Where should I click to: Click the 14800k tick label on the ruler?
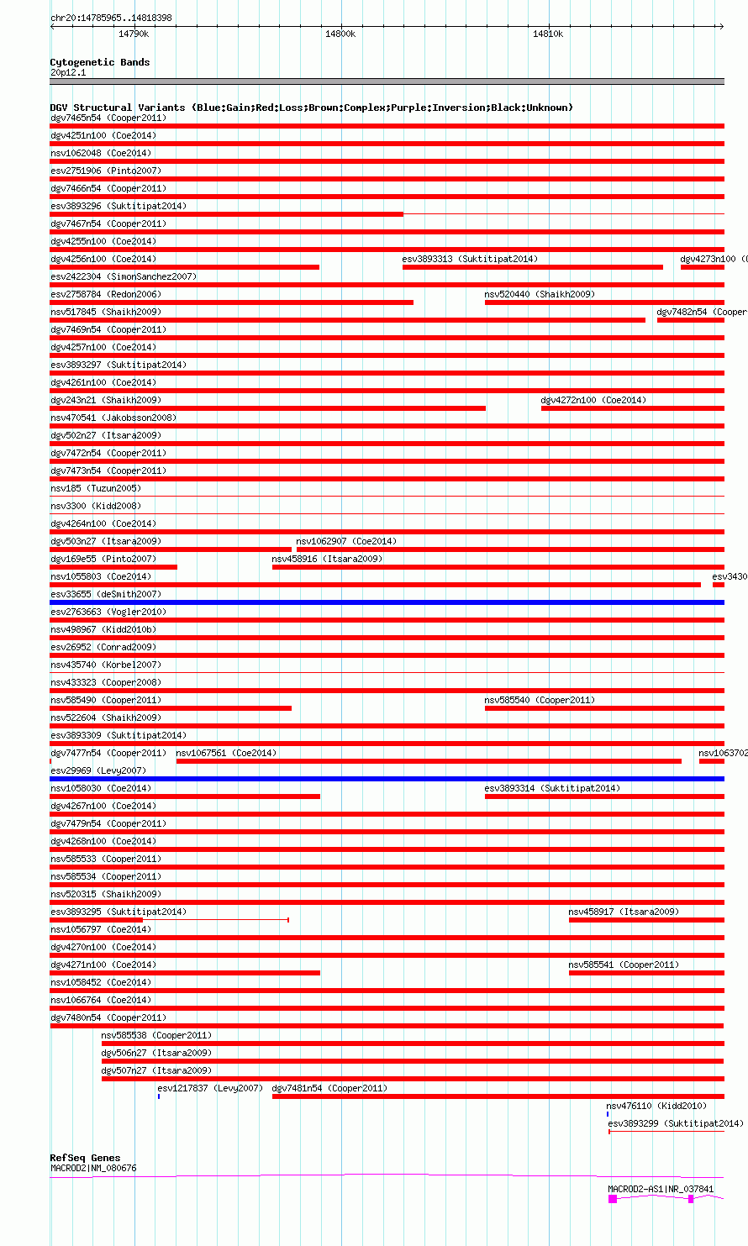340,34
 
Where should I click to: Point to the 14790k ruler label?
134,34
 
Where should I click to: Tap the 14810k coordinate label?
548,34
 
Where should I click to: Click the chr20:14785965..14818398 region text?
111,18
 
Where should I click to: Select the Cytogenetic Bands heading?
99,62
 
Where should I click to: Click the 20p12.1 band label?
68,72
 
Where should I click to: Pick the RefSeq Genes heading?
85,1158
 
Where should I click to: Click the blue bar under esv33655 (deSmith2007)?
387,602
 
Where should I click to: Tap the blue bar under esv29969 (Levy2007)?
387,779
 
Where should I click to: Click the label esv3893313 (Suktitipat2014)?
470,259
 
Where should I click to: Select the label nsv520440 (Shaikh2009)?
540,294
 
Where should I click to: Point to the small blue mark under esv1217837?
158,1096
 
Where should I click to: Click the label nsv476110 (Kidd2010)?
656,1106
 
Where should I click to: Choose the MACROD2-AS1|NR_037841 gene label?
661,1189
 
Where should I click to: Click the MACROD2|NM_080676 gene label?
92,1168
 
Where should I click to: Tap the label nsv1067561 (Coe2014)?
226,753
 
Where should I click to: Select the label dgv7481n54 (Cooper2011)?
329,1088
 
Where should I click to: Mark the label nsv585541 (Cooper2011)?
624,965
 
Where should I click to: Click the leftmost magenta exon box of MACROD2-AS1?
613,1199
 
